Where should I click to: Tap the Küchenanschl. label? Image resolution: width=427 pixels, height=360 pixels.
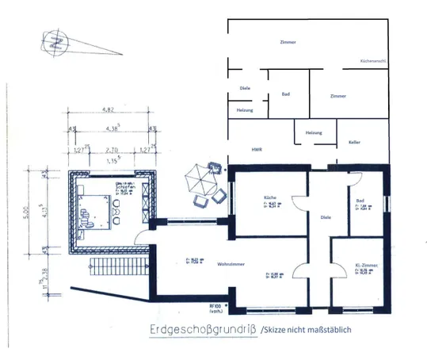tap(373, 60)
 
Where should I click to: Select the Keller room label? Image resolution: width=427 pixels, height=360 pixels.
tap(354, 142)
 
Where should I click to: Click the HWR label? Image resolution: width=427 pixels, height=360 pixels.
tap(257, 148)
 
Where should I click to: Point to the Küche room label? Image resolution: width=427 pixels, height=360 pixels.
tap(269, 197)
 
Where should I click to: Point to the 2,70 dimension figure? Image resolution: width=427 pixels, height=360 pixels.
tap(112, 148)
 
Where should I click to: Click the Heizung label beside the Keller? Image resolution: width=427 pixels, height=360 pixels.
tap(314, 133)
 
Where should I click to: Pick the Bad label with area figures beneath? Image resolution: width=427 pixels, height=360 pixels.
tap(360, 201)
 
